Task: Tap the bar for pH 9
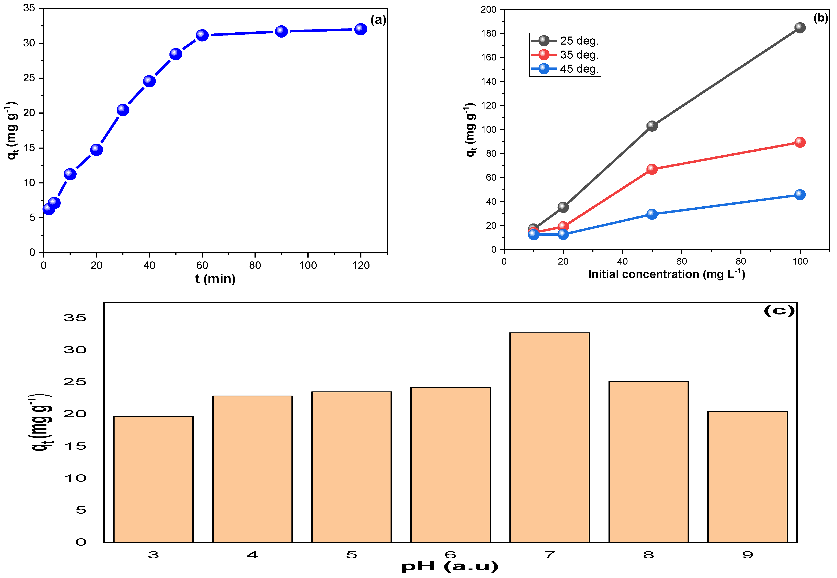(748, 477)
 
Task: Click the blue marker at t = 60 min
(202, 35)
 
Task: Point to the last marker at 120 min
(360, 29)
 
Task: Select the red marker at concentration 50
(652, 169)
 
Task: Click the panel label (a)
(378, 20)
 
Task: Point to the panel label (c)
(779, 311)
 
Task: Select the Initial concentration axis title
(667, 274)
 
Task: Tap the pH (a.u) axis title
(450, 566)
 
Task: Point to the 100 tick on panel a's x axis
(308, 265)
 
